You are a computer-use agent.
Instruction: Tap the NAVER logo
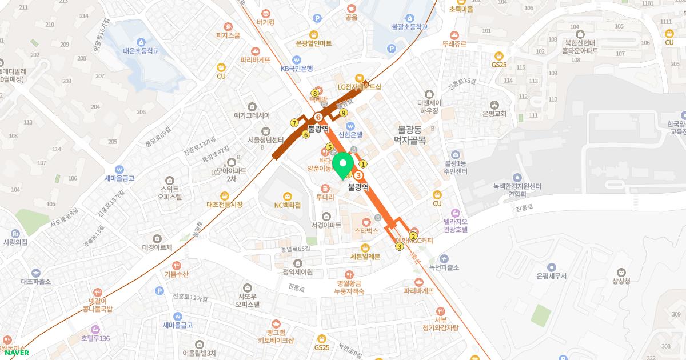tap(17, 352)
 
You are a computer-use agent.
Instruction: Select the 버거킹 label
tap(266, 22)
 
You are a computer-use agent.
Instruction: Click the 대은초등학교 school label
tap(141, 50)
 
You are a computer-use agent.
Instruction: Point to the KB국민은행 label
tap(296, 68)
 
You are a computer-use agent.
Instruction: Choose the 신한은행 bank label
tap(350, 134)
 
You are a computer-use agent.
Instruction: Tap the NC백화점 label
tap(287, 205)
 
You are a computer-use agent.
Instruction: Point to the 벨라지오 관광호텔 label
tap(455, 225)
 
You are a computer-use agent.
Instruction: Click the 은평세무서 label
tap(551, 275)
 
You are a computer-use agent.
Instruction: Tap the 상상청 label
tap(621, 281)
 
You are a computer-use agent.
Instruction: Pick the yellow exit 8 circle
tap(315, 93)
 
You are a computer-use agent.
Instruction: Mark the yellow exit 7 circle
tap(294, 123)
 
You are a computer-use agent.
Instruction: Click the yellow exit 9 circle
tap(344, 113)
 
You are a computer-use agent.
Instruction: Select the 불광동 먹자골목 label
tap(410, 134)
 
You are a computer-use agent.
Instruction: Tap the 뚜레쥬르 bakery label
tap(454, 43)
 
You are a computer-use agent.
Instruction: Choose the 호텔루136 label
tap(95, 338)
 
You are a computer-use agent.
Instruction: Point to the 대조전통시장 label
tap(225, 204)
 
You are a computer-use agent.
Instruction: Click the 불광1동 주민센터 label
tap(455, 167)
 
